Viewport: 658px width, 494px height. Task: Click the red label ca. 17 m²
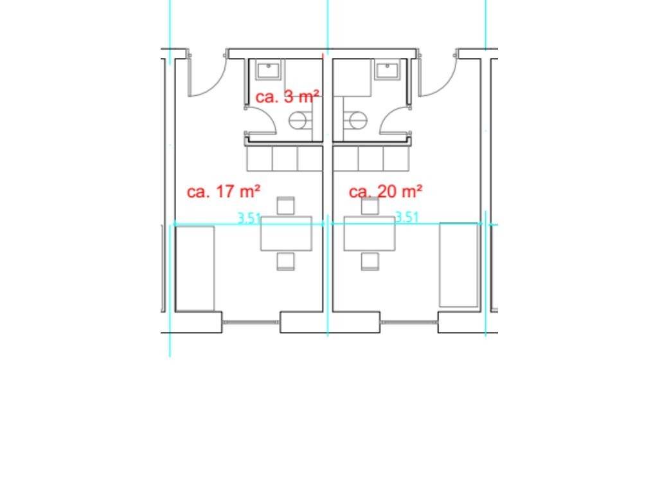223,192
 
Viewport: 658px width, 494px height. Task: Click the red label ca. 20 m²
386,192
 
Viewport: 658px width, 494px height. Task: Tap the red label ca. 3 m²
287,96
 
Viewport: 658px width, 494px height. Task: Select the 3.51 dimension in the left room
249,219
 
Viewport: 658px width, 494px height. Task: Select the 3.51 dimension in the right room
407,217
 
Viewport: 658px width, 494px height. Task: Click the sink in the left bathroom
269,71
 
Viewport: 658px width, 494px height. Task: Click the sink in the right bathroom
387,71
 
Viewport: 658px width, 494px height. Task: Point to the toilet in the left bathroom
301,120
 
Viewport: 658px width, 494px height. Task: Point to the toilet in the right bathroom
355,120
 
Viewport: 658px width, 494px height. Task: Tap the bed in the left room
195,269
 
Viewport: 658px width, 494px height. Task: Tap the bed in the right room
458,264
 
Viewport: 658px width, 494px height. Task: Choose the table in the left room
286,233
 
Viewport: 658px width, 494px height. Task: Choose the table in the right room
369,233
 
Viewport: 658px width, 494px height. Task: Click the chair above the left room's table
286,205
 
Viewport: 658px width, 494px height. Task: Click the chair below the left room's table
286,261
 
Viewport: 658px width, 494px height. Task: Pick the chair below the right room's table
370,261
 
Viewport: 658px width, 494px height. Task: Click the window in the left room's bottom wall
251,322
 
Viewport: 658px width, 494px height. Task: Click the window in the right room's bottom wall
409,322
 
